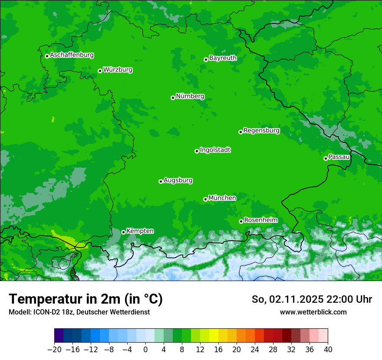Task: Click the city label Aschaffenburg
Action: pos(72,55)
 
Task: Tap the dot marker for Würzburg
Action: pos(100,71)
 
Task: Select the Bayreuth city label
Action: pos(223,58)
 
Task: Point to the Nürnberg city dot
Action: pos(173,98)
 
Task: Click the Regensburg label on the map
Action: pos(261,131)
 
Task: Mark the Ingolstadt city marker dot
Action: pos(197,151)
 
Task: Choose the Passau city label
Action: pos(339,157)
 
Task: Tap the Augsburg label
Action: pos(178,180)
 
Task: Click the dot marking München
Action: pos(205,199)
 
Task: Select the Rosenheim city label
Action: pos(260,220)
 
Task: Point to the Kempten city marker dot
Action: pos(123,232)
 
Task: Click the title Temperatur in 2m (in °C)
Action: pos(86,299)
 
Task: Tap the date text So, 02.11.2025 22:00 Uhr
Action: pos(312,299)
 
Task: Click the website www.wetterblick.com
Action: pos(313,312)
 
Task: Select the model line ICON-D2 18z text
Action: pos(79,312)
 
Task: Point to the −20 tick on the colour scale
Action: pos(55,349)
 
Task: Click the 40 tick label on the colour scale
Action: pos(328,349)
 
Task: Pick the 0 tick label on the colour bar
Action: pos(145,349)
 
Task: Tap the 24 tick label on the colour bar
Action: pos(255,349)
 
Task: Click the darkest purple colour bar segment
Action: pos(59,336)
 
